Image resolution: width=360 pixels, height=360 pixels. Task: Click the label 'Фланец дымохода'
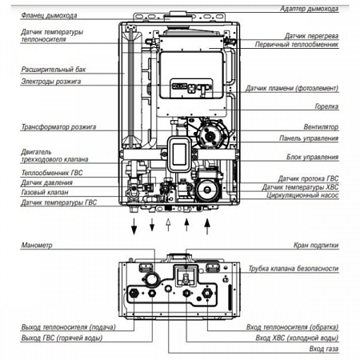(49, 15)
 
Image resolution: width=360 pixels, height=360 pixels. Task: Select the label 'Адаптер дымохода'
(309, 9)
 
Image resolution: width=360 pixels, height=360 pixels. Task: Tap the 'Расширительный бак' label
(54, 70)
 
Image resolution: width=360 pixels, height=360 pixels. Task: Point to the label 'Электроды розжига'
(51, 82)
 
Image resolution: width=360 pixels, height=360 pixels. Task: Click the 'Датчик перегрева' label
(311, 36)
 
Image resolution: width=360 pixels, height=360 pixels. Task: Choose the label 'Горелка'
(326, 106)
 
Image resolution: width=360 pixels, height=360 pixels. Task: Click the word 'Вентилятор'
(321, 126)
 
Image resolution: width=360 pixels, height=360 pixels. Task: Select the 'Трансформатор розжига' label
(58, 126)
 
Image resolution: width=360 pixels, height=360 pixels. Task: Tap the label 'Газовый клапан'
(45, 192)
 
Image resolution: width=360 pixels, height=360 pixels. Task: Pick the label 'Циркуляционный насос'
(302, 195)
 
